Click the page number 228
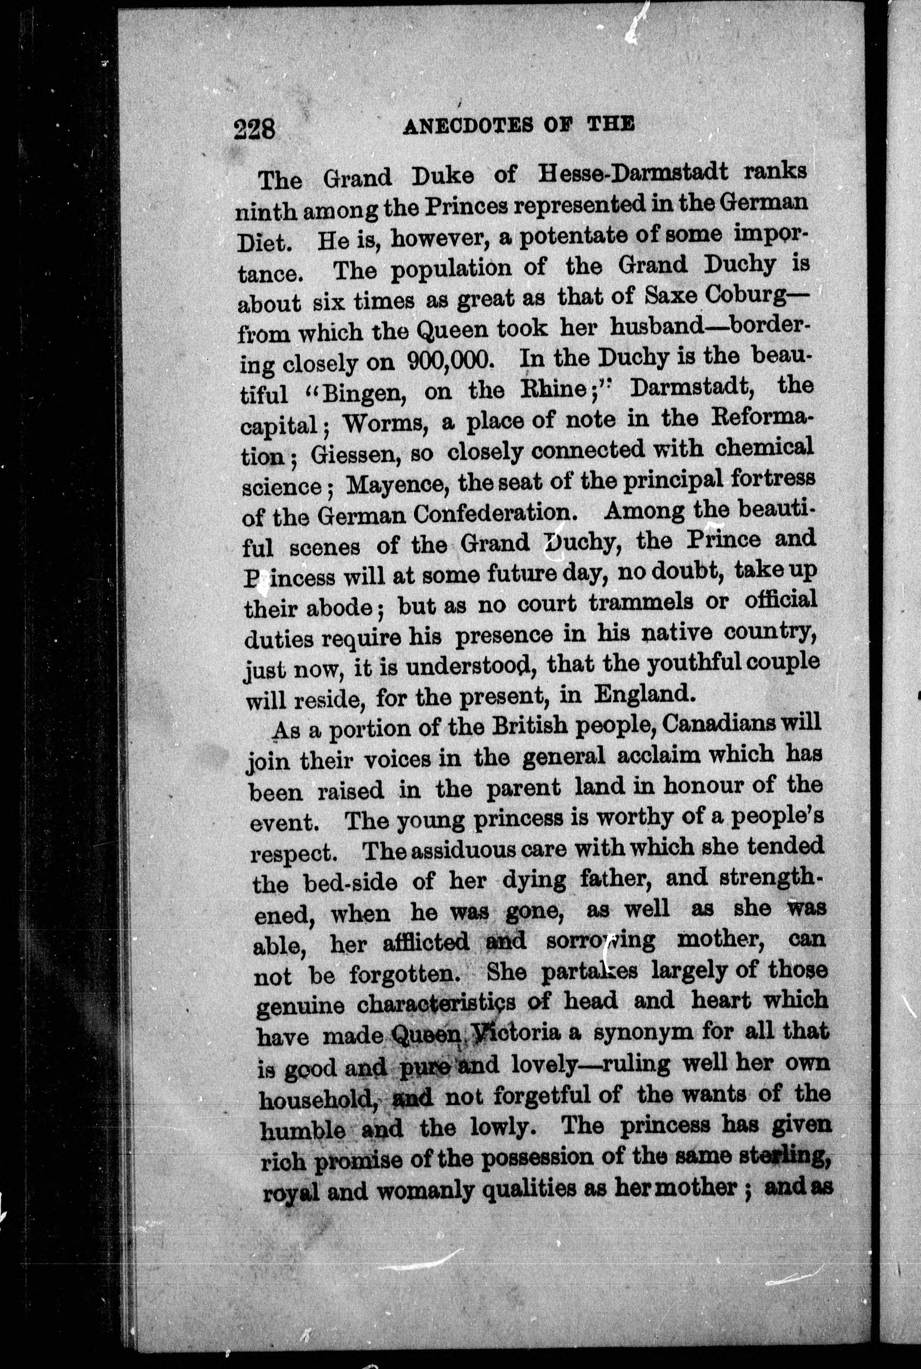point(254,128)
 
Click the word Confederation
point(492,515)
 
